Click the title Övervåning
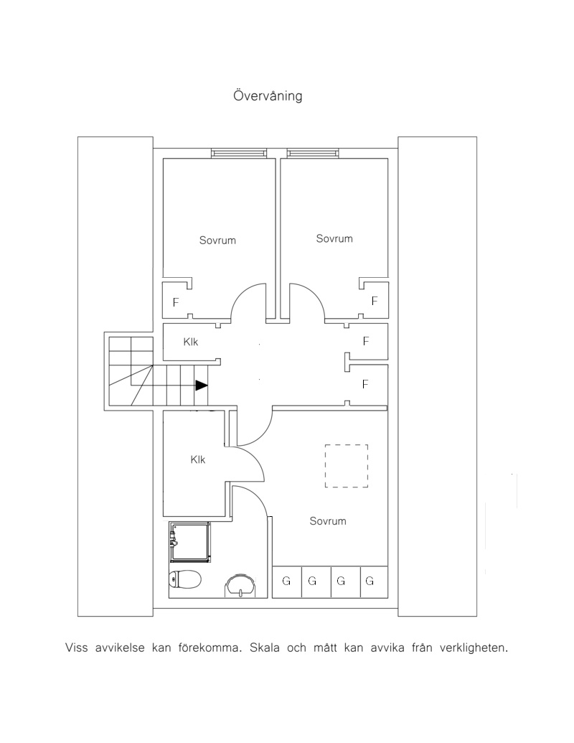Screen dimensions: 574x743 click(268, 95)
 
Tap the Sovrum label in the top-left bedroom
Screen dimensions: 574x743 click(217, 240)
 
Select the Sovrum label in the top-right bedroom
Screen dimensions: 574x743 click(334, 238)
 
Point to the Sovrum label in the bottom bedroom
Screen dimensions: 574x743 click(328, 520)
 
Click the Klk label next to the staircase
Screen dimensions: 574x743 click(191, 342)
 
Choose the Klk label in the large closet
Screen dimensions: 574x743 click(198, 459)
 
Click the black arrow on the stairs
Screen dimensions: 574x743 click(202, 385)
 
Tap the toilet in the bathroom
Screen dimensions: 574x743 click(184, 579)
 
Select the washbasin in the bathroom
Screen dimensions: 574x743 click(240, 585)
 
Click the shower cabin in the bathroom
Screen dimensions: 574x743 click(189, 542)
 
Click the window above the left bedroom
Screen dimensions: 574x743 click(239, 153)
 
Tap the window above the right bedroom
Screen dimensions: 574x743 click(313, 153)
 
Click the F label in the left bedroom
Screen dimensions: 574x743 click(176, 302)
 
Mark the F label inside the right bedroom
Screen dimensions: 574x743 click(375, 300)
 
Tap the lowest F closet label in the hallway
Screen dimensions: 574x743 click(365, 384)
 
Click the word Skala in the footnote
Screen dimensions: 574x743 click(264, 648)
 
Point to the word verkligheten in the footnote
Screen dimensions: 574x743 click(474, 648)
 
